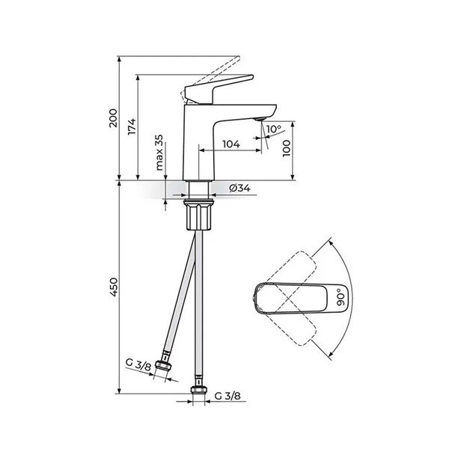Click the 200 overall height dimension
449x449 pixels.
(x=113, y=118)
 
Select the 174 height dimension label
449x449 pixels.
(x=132, y=126)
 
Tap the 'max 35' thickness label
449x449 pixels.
(x=159, y=153)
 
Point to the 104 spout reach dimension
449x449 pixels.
(x=231, y=144)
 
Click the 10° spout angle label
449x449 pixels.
(x=274, y=129)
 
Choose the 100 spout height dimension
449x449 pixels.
(x=287, y=148)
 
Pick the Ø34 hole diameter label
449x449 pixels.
(x=239, y=188)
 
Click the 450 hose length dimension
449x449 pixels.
(x=113, y=287)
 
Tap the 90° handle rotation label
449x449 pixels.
(x=340, y=297)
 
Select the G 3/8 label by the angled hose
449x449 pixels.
(x=138, y=364)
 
